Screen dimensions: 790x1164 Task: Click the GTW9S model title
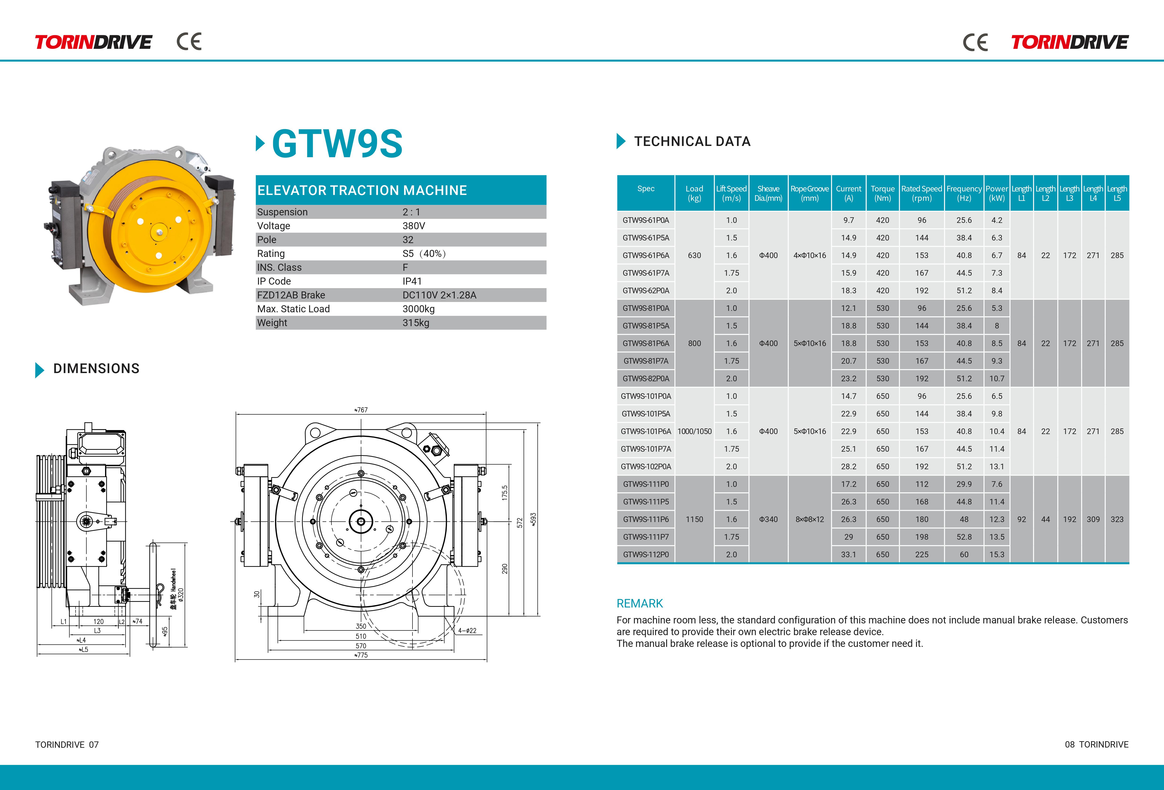point(337,144)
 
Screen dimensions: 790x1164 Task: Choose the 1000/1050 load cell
point(694,431)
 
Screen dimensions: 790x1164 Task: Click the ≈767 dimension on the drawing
point(361,410)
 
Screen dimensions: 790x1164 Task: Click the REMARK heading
point(640,603)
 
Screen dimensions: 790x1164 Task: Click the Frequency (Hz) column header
point(964,193)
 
